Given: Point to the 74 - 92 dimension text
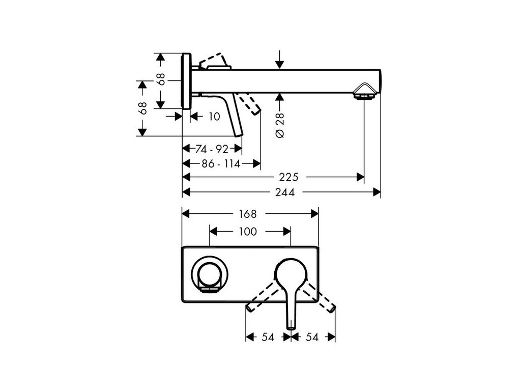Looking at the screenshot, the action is pyautogui.click(x=212, y=149).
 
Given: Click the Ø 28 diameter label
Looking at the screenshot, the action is pyautogui.click(x=280, y=125).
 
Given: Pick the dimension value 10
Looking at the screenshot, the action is pyautogui.click(x=214, y=117).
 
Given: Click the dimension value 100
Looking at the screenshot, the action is pyautogui.click(x=247, y=232).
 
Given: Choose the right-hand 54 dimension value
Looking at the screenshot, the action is pyautogui.click(x=312, y=337).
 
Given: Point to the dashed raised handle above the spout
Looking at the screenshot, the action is pyautogui.click(x=214, y=60).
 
